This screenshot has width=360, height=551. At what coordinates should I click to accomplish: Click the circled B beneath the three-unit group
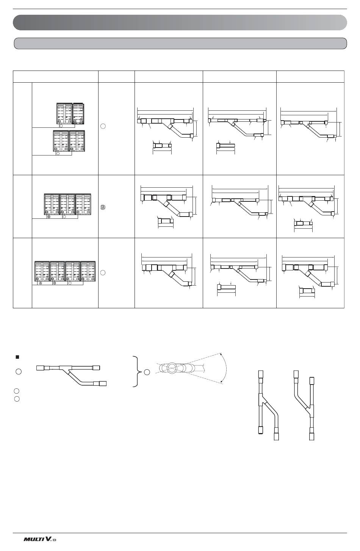(x=49, y=217)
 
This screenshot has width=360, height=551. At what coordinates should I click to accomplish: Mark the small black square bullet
(x=17, y=357)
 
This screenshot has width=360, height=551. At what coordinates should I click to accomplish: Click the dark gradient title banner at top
(x=180, y=23)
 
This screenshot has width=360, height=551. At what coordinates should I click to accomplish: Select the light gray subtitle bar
(x=180, y=44)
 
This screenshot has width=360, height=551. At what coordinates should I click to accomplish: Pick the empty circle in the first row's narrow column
(x=103, y=126)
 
